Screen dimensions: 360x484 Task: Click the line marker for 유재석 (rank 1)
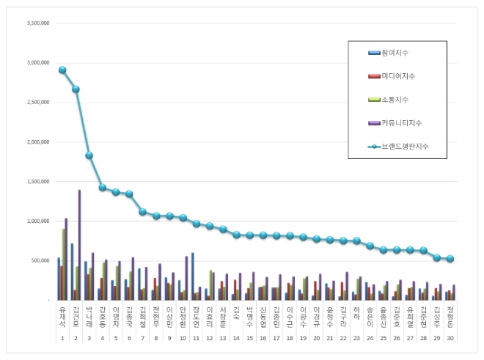pos(62,70)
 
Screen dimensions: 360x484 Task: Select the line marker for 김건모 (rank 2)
pos(76,89)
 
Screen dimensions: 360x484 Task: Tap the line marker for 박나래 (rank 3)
pos(89,155)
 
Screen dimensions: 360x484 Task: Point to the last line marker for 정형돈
pos(450,259)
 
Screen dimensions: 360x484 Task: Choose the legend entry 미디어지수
pos(394,76)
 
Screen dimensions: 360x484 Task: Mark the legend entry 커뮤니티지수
pos(396,123)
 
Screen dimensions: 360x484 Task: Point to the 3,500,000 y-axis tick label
pos(37,23)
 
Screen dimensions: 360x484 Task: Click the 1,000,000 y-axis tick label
pos(37,221)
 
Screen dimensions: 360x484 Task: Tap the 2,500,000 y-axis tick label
pos(37,102)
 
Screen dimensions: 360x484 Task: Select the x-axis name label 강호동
pos(103,316)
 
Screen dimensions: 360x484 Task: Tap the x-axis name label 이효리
pos(209,316)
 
